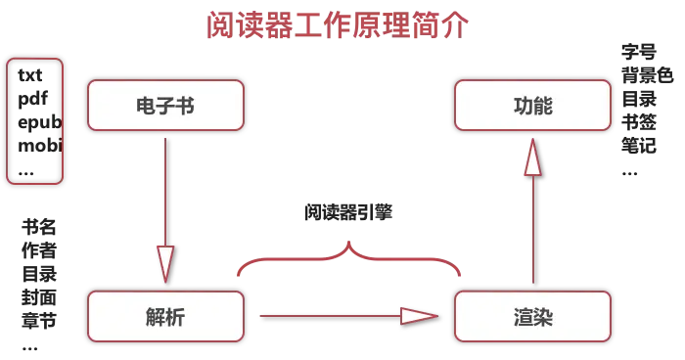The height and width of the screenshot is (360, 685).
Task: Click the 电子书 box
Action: (x=165, y=106)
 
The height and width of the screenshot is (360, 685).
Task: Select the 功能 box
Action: (x=532, y=106)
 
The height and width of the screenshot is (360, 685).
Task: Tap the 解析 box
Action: (x=165, y=316)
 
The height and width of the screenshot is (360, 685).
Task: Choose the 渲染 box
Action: (x=532, y=316)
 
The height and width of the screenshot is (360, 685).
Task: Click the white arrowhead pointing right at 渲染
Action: (x=420, y=316)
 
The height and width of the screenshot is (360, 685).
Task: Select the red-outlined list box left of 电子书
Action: (x=34, y=120)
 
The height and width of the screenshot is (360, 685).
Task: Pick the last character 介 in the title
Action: (x=458, y=24)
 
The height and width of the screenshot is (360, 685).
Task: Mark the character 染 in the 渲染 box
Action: (x=544, y=316)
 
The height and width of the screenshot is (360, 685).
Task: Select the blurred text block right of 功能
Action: (x=642, y=103)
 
